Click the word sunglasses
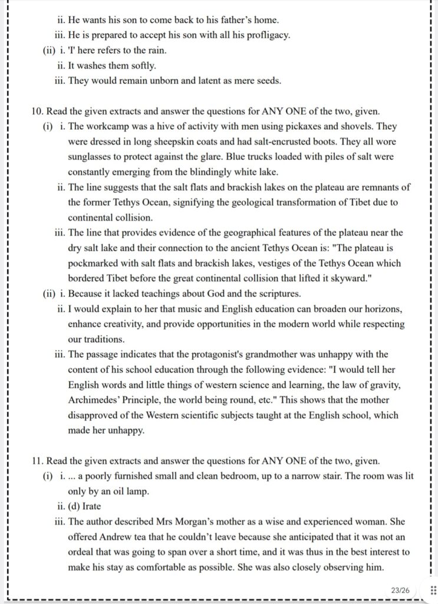pos(93,157)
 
